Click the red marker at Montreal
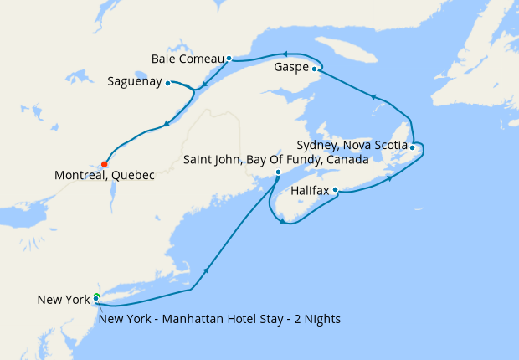pos(105,164)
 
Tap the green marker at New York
pos(96,297)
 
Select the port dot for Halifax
pos(336,190)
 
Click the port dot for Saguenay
pos(168,83)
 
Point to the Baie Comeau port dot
pos(229,59)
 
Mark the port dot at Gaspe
pos(315,69)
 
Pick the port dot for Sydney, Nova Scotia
pos(413,147)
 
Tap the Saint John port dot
pos(279,172)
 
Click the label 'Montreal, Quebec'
pos(105,176)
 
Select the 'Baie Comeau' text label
pos(188,59)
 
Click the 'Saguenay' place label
pos(135,82)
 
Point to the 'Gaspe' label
pos(291,68)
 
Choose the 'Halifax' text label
pos(310,192)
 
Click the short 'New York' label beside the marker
pos(63,300)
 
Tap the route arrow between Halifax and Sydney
pos(388,178)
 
